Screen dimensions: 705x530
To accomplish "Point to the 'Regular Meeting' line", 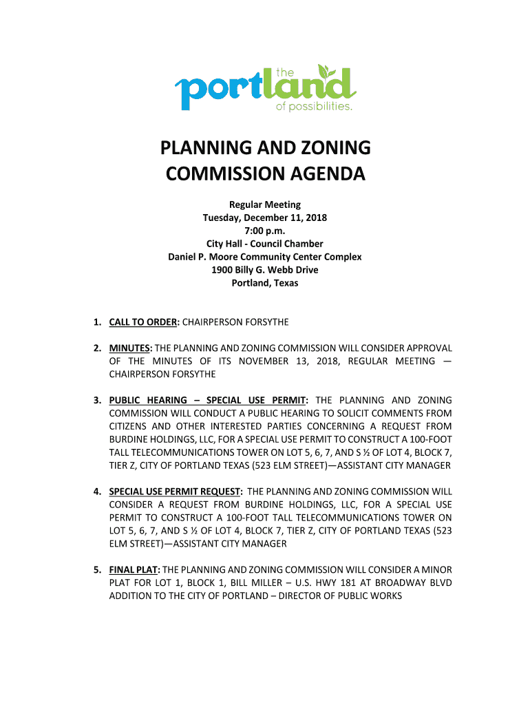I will pyautogui.click(x=265, y=204).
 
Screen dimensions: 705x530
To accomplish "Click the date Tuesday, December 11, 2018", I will pyautogui.click(x=265, y=218).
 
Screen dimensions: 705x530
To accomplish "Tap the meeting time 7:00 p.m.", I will pyautogui.click(x=265, y=231).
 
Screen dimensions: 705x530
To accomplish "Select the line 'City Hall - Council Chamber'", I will pyautogui.click(x=265, y=244).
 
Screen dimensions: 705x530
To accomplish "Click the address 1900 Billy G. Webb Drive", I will pyautogui.click(x=265, y=270).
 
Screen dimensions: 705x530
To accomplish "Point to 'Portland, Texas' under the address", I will pyautogui.click(x=265, y=283).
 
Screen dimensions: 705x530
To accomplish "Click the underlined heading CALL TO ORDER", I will pyautogui.click(x=144, y=322).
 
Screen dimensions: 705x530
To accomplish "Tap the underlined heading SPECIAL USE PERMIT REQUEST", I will pyautogui.click(x=175, y=492).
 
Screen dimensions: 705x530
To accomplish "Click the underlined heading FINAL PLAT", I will pyautogui.click(x=133, y=570).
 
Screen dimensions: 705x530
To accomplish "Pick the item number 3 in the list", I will pyautogui.click(x=98, y=400).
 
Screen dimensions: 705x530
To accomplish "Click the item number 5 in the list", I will pyautogui.click(x=98, y=570).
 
